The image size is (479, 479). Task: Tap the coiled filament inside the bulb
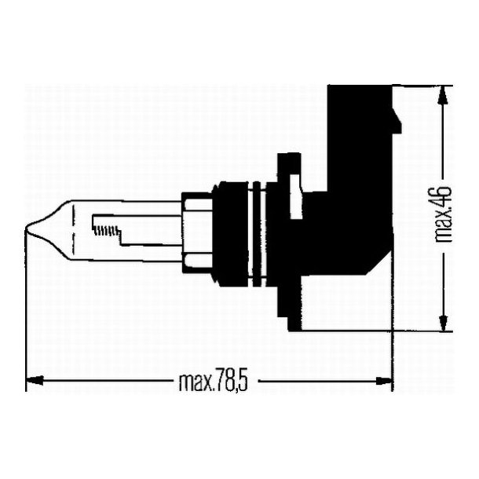click(x=107, y=231)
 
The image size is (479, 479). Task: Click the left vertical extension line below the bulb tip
click(x=27, y=314)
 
